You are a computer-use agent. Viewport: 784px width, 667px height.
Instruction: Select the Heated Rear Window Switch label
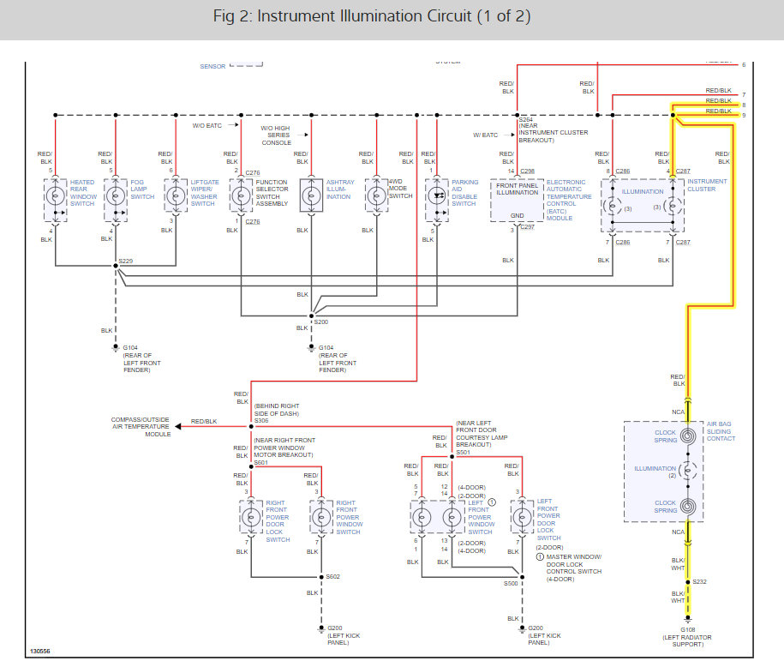(x=82, y=193)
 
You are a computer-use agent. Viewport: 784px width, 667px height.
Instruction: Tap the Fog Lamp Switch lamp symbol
(x=116, y=196)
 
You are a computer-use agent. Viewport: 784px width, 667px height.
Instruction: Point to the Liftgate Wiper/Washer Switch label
(x=203, y=193)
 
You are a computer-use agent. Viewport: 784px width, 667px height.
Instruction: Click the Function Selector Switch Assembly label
(x=271, y=193)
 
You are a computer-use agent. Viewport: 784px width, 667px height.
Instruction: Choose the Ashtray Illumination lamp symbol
(x=309, y=196)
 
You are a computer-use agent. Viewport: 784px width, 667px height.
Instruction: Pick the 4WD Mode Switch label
(x=399, y=189)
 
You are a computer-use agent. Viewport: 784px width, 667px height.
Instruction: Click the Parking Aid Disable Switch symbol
(x=438, y=196)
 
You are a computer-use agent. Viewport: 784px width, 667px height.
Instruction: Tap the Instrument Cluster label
(x=707, y=185)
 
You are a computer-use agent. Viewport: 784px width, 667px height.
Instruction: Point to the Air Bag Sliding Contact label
(x=721, y=431)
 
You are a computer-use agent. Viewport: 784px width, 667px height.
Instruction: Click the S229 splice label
(x=126, y=260)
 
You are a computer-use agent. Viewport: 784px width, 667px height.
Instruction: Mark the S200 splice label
(x=321, y=321)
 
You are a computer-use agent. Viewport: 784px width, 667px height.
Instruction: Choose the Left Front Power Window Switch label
(x=480, y=517)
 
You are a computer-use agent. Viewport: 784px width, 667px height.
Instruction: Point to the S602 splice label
(x=332, y=576)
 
